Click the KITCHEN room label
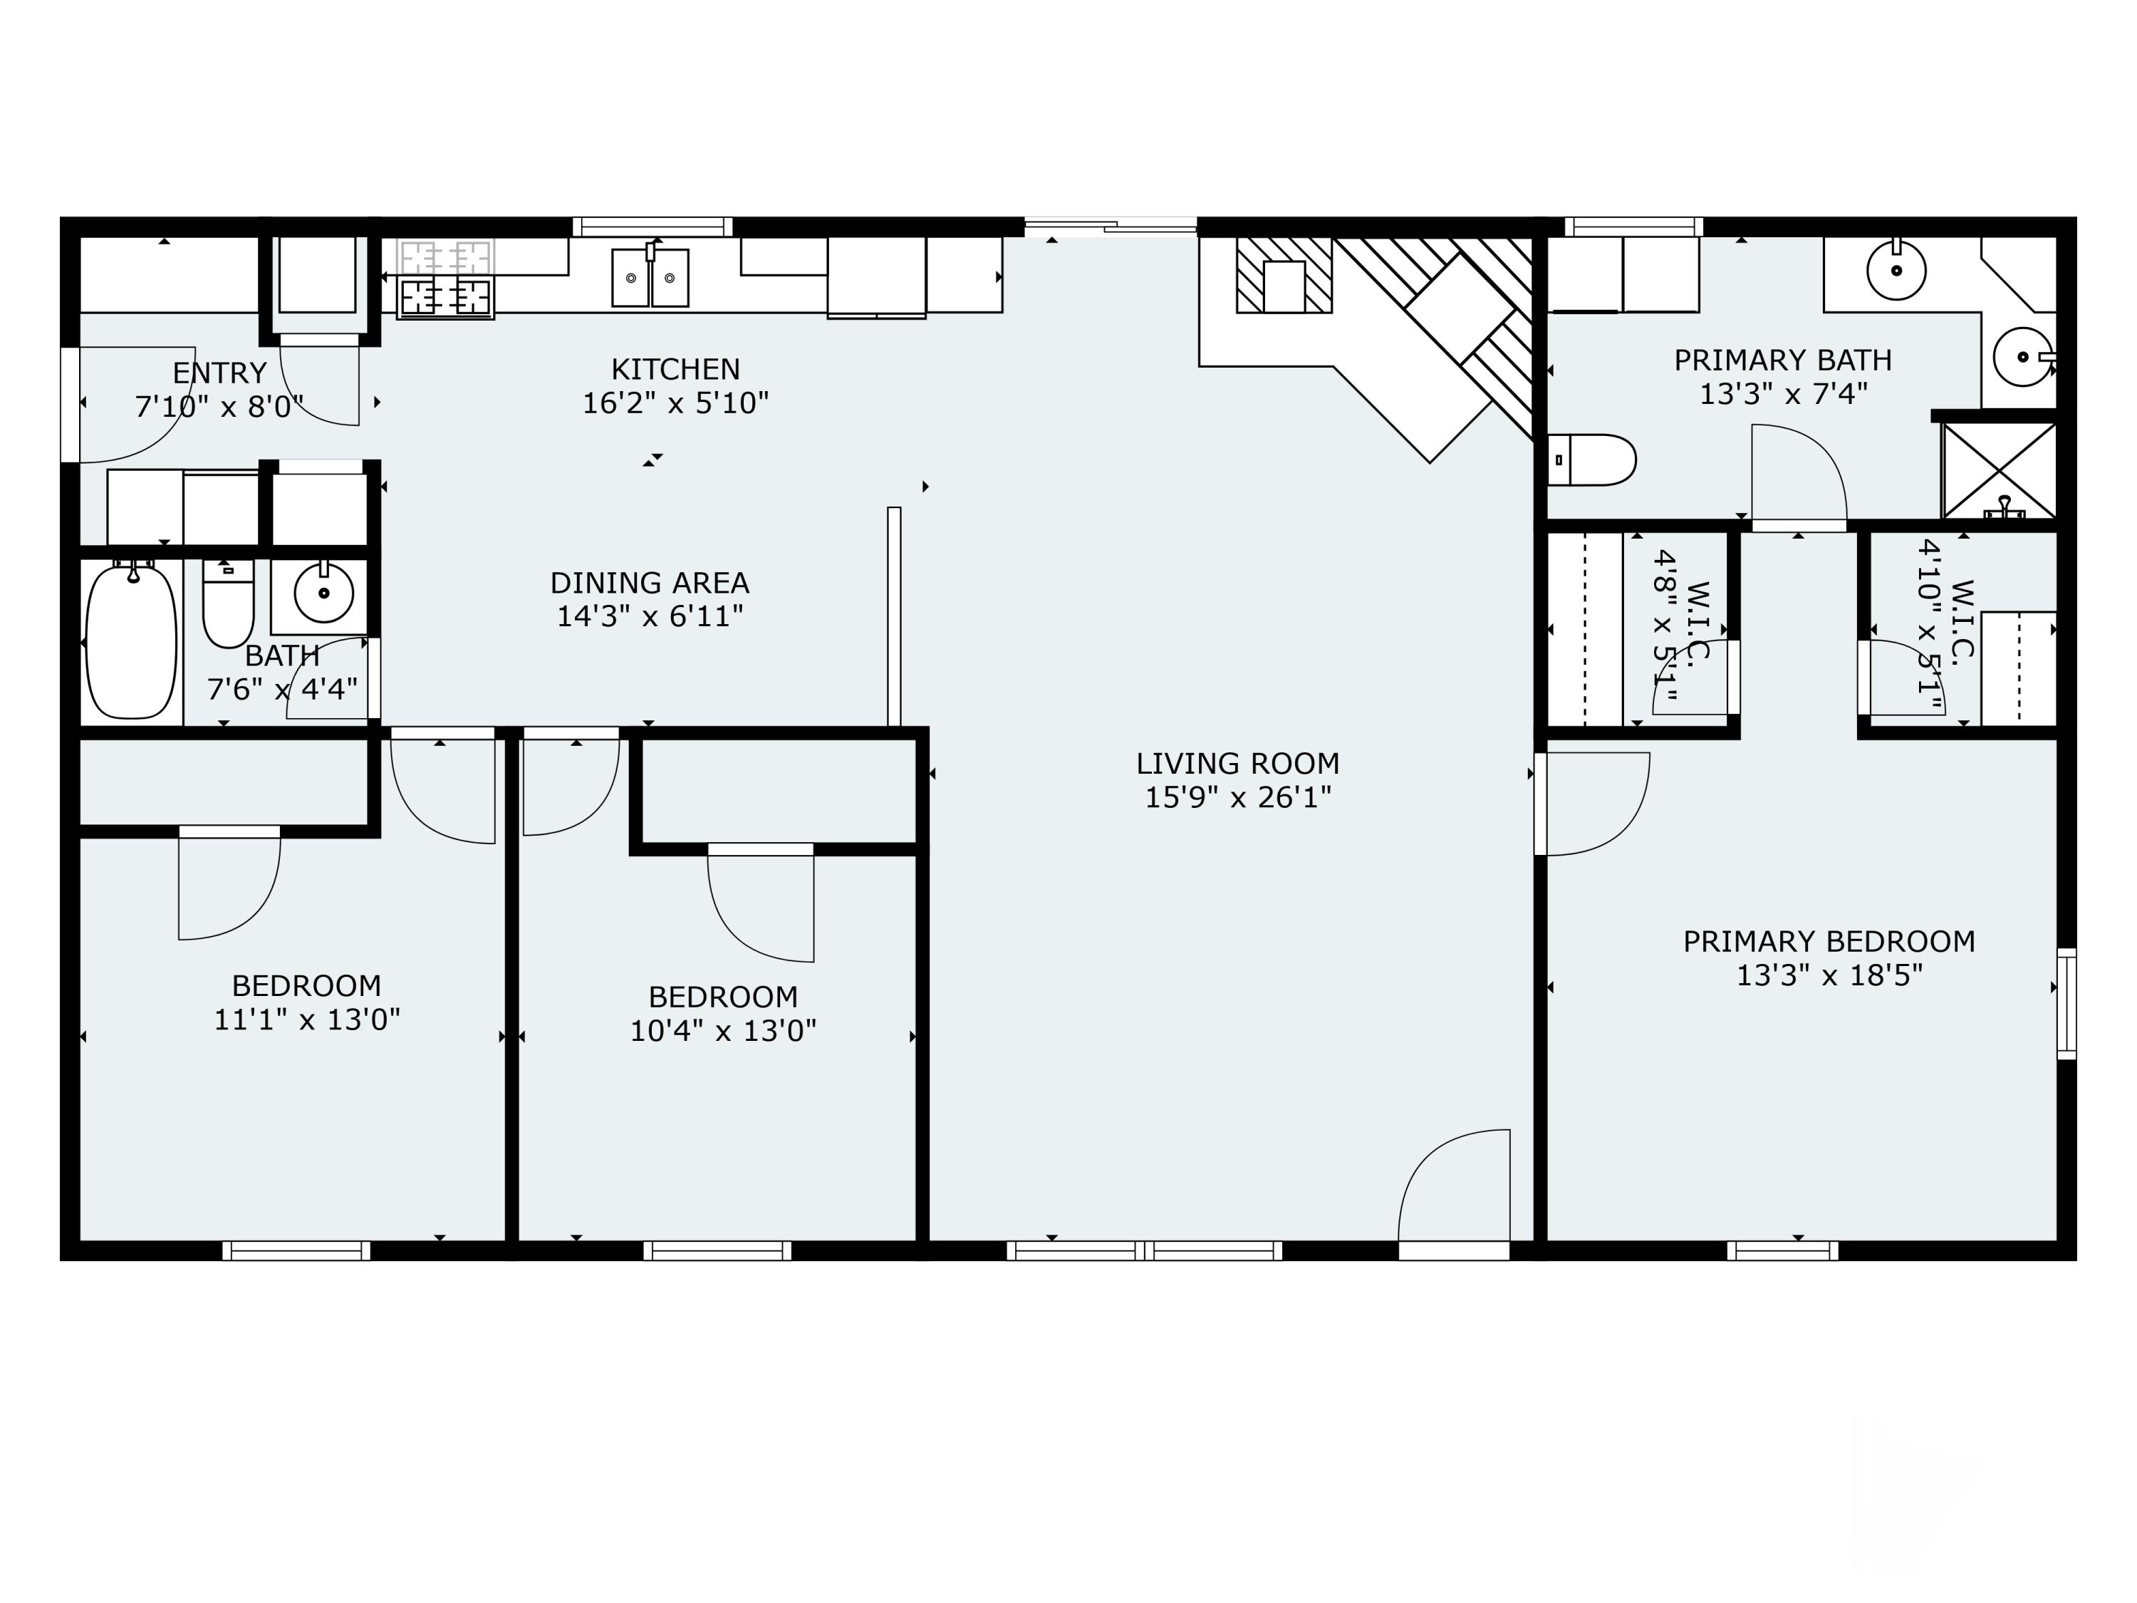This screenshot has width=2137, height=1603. click(675, 369)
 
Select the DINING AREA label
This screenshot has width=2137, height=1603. click(649, 583)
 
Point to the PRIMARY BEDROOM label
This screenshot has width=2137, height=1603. click(1829, 941)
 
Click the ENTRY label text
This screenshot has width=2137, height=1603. click(219, 372)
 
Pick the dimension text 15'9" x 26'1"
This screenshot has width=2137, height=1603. click(1237, 798)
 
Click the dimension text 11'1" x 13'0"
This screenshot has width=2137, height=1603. click(306, 1020)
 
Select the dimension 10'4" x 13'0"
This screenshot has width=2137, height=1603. click(722, 1031)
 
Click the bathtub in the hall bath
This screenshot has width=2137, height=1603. click(131, 642)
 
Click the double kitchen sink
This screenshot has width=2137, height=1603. click(650, 277)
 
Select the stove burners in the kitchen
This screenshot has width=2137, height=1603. click(445, 296)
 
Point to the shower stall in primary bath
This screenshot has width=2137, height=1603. click(1999, 470)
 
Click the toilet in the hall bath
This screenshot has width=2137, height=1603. click(228, 607)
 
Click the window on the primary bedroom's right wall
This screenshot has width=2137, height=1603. click(2066, 1003)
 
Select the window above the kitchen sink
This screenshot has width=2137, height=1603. click(652, 227)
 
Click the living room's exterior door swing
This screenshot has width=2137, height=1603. click(1454, 1188)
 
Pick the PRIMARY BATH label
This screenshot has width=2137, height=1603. click(1782, 360)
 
